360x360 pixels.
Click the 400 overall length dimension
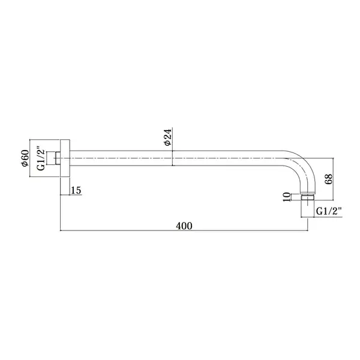tap(184, 226)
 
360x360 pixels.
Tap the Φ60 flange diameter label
tap(25, 158)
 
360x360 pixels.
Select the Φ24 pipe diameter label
tap(168, 137)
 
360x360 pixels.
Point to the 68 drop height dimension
tap(329, 179)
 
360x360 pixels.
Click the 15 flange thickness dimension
tap(76, 190)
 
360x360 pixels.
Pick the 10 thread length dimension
tap(286, 197)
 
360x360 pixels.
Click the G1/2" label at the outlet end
tap(329, 211)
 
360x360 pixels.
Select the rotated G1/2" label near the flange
tap(41, 158)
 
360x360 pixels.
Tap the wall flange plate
tap(65, 158)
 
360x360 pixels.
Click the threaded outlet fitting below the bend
tap(308, 197)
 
